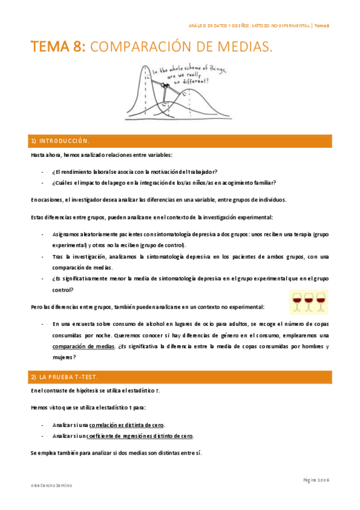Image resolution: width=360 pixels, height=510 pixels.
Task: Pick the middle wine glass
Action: (x=308, y=301)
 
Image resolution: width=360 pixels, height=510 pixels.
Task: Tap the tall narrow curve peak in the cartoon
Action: (x=144, y=67)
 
